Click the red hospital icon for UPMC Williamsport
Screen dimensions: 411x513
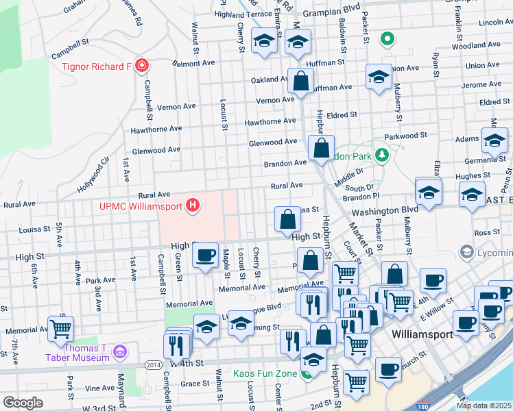(193, 205)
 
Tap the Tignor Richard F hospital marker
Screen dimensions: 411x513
(141, 66)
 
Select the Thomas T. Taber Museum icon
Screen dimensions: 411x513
(121, 352)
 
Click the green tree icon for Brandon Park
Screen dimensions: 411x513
(382, 156)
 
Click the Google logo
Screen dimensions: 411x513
(23, 403)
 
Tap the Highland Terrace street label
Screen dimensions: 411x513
(243, 14)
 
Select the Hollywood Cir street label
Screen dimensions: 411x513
(94, 176)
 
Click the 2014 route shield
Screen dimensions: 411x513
(154, 365)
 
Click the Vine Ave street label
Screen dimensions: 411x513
(99, 387)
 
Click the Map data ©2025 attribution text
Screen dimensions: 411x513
(484, 406)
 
